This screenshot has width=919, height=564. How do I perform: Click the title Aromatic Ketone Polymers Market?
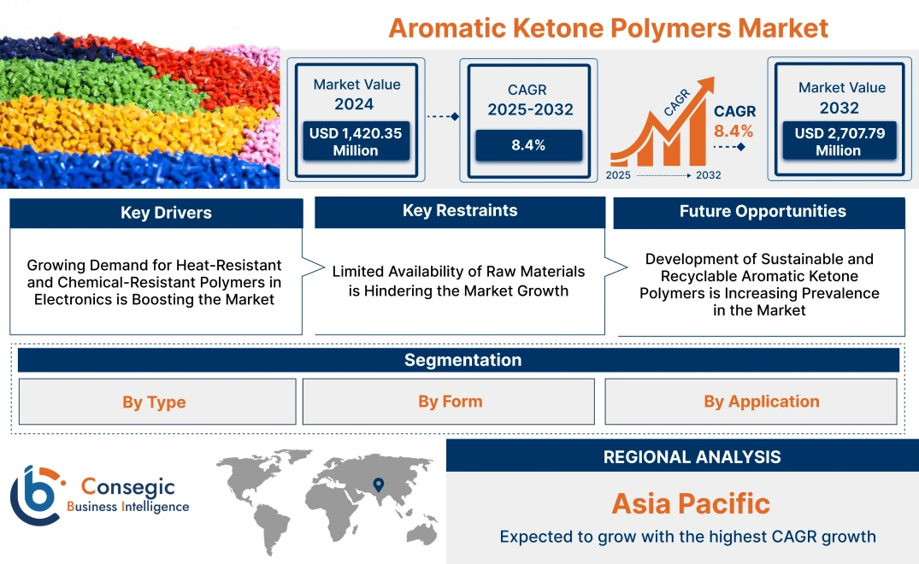[x=608, y=27]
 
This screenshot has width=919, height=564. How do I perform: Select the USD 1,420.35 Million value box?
[x=355, y=142]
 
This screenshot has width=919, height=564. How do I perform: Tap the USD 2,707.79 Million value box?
[x=839, y=142]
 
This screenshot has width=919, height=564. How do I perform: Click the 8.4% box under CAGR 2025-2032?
[x=528, y=145]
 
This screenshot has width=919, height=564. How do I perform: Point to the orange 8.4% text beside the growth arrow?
[x=733, y=131]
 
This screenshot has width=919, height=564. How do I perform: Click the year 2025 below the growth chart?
[x=619, y=175]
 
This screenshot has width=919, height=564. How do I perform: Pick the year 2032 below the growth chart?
[x=708, y=175]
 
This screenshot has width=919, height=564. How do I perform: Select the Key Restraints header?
[x=460, y=211]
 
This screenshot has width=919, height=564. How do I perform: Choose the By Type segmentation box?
[x=154, y=402]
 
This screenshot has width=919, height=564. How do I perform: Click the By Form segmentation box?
[x=450, y=402]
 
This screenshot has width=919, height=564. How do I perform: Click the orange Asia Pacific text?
[x=691, y=503]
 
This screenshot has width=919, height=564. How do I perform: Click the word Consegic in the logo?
[x=127, y=487]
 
